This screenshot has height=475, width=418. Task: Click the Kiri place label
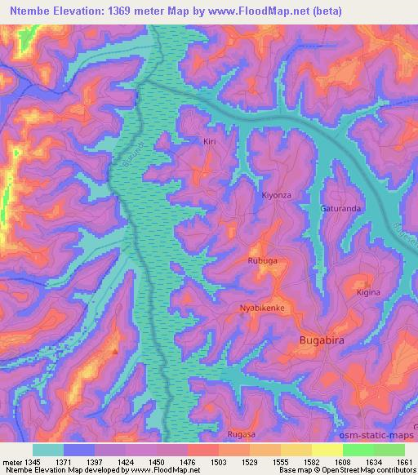coord(210,141)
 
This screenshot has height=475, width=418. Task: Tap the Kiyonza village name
coord(275,195)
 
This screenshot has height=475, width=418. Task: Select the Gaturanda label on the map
coord(340,208)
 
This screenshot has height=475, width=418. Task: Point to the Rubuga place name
coord(262,260)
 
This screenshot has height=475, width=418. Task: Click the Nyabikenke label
coord(261,309)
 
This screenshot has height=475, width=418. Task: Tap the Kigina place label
coord(368,291)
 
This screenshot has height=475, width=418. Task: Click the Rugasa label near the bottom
coord(241,434)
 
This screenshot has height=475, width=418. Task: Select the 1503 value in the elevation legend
coord(219,461)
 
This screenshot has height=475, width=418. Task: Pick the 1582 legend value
coord(311,461)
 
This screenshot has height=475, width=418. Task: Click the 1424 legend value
coord(126,461)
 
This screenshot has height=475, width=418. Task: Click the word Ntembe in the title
coord(31,11)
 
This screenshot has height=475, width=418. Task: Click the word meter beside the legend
coord(11,461)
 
